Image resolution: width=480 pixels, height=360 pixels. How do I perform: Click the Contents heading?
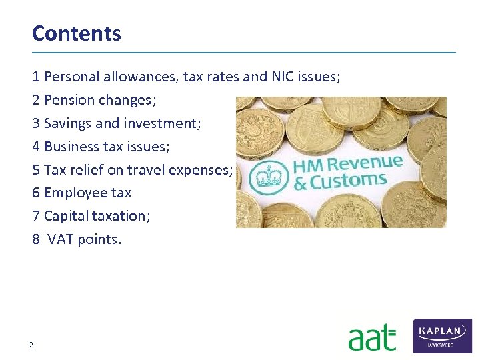point(77,33)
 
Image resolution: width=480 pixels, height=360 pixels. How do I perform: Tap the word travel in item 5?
point(146,169)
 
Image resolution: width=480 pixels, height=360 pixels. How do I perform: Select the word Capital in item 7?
point(65,216)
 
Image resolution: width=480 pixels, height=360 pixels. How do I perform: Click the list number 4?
point(36,146)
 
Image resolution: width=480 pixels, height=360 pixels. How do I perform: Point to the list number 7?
point(36,216)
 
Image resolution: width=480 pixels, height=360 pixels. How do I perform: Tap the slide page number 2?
point(31,345)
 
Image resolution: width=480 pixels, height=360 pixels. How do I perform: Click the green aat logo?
point(372,337)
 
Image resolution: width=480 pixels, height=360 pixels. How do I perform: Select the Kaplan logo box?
point(442,335)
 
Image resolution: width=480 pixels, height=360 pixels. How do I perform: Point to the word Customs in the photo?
point(350,181)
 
